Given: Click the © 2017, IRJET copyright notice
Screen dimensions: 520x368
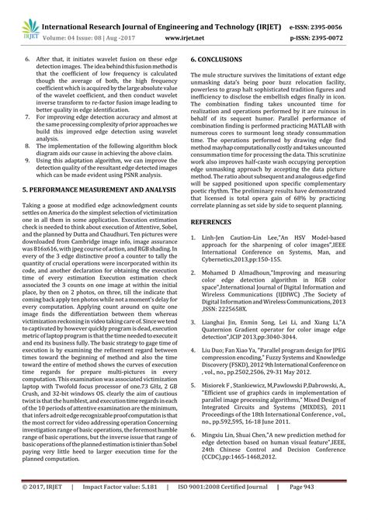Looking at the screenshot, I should click(36, 508).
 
